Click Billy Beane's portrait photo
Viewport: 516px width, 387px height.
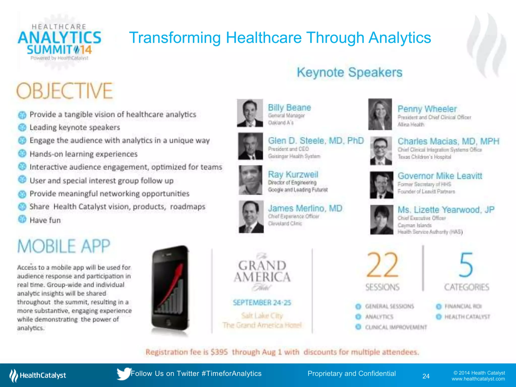click(x=250, y=113)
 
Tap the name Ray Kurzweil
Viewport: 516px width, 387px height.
click(x=293, y=174)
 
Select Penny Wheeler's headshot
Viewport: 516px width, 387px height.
click(x=380, y=114)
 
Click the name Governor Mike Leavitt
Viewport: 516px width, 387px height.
click(x=440, y=176)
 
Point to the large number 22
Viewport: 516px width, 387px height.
click(x=382, y=265)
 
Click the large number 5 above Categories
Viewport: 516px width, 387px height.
click(x=466, y=265)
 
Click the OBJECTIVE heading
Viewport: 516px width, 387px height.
click(x=64, y=91)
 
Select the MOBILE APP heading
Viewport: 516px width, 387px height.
click(x=64, y=246)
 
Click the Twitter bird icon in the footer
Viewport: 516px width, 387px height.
click(x=123, y=374)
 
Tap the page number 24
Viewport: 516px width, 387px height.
click(x=426, y=376)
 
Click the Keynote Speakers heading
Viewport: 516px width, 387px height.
click(x=349, y=73)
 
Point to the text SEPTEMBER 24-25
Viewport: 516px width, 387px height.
click(x=262, y=303)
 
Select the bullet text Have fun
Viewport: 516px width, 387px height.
click(x=45, y=220)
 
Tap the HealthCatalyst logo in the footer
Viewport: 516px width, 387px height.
click(x=38, y=375)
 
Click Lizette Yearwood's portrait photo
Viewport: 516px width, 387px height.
click(x=381, y=219)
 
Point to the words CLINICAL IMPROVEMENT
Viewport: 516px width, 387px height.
click(x=396, y=327)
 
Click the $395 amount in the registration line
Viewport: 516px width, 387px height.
click(x=219, y=352)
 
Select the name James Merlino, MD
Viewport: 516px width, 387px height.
click(x=305, y=208)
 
